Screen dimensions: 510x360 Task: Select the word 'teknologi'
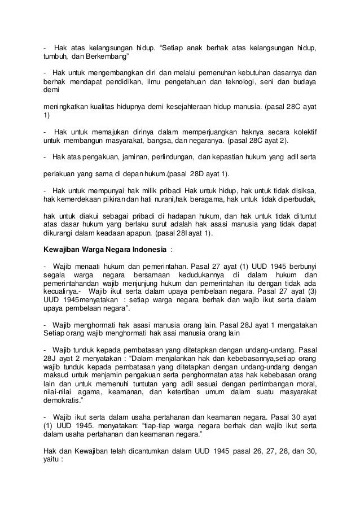coord(237,83)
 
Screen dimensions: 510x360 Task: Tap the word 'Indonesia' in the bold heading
coord(148,250)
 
